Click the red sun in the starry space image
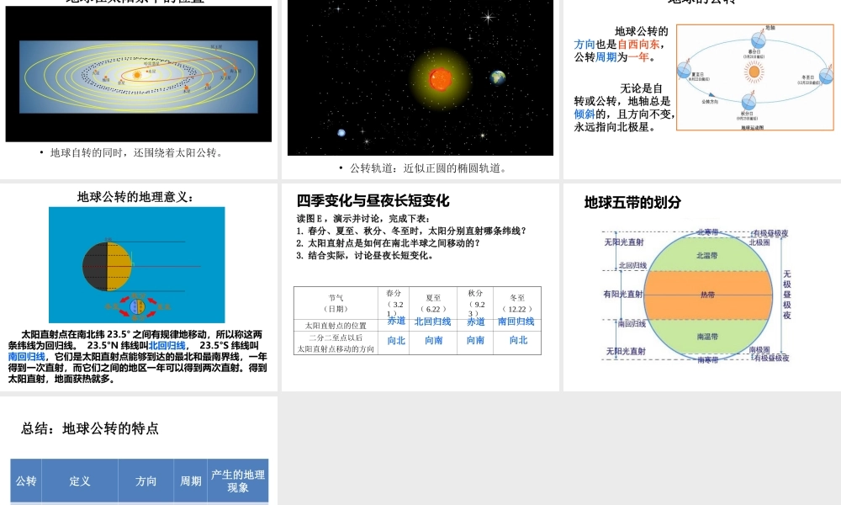click(x=440, y=78)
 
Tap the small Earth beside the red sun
click(x=498, y=77)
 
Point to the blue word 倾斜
click(x=585, y=114)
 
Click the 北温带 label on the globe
click(x=707, y=254)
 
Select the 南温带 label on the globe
click(x=707, y=337)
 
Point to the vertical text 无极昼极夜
click(x=787, y=295)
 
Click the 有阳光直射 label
click(x=623, y=295)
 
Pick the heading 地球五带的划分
click(x=632, y=203)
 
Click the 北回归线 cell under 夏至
click(x=432, y=322)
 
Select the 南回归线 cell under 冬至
click(x=516, y=322)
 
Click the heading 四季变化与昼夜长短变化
click(x=373, y=200)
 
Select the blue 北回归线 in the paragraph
click(x=167, y=345)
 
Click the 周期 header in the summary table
click(x=191, y=481)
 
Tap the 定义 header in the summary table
click(x=80, y=481)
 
